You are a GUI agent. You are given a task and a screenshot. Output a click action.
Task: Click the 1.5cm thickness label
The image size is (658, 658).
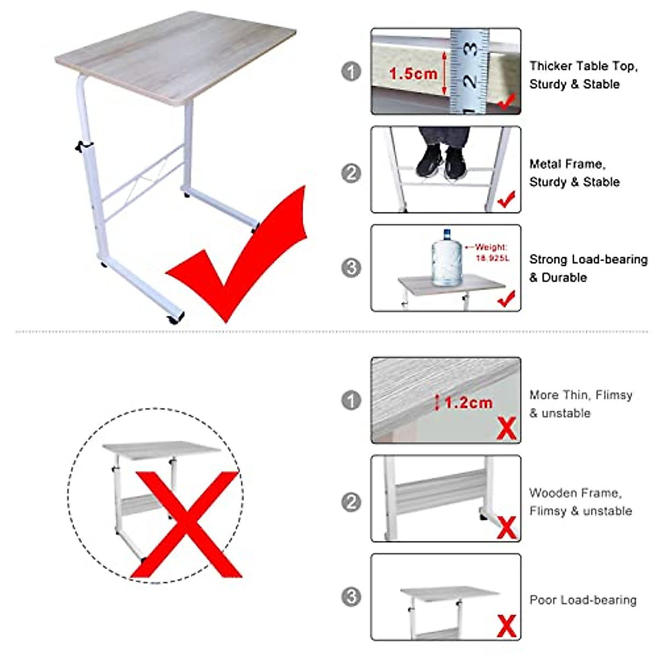[413, 73]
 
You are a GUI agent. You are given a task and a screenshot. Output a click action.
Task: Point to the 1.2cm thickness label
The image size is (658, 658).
[468, 403]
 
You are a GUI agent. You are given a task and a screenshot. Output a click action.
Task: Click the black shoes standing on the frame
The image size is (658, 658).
[443, 159]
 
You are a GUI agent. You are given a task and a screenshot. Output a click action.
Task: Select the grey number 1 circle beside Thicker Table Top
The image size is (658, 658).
[351, 72]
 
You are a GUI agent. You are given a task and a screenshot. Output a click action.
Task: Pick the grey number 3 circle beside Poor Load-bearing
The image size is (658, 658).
[351, 597]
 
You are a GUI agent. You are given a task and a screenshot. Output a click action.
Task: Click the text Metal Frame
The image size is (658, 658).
[567, 164]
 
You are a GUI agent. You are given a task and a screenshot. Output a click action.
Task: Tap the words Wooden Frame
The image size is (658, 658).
[575, 493]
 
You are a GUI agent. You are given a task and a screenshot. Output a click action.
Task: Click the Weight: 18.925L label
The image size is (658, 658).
[490, 252]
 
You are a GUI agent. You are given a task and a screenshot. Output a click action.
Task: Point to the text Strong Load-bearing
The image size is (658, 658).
[588, 259]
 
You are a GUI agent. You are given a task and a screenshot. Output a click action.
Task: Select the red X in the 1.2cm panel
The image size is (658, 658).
[506, 428]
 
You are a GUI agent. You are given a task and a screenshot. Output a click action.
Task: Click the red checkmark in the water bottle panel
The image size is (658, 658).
[506, 299]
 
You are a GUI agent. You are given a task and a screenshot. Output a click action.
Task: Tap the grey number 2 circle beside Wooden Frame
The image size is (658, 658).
[351, 502]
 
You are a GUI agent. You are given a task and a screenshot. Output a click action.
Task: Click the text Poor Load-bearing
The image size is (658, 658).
[582, 600]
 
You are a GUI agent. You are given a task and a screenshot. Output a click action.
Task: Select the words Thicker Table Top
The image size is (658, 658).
[583, 66]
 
